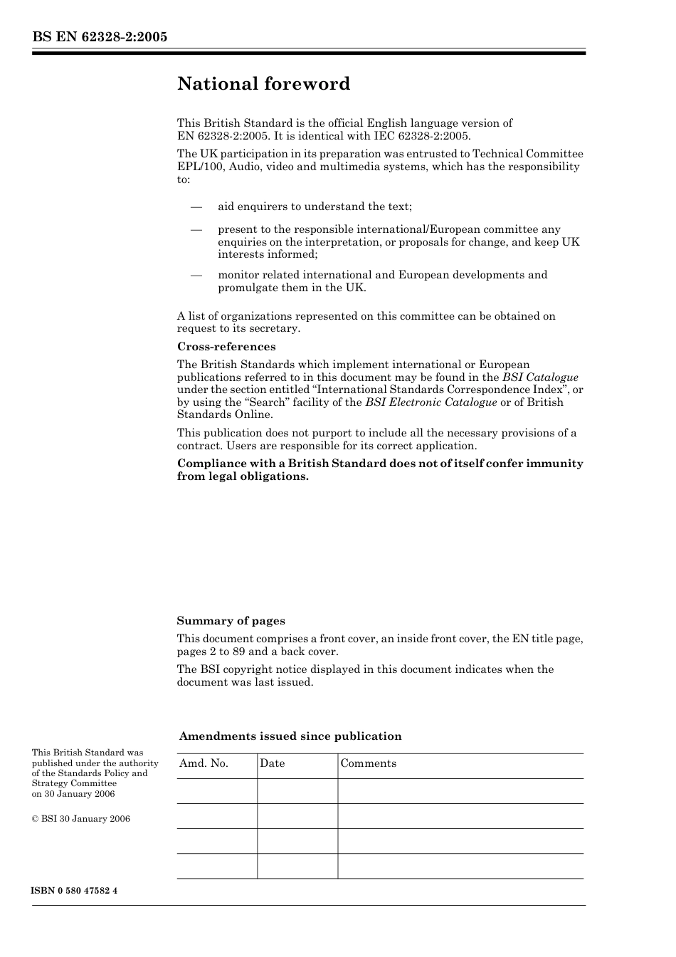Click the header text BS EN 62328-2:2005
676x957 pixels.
coord(100,37)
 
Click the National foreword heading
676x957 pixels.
coord(263,84)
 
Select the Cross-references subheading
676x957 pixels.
coord(226,347)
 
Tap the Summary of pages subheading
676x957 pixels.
coord(231,621)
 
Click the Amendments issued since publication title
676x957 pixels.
coord(290,736)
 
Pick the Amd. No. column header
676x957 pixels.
coord(204,763)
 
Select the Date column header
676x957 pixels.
coord(272,763)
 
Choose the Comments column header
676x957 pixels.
coord(368,763)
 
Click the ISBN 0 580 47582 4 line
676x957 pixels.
coord(75,891)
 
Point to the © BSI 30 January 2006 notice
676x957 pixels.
coord(81,819)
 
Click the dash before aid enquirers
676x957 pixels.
coord(196,206)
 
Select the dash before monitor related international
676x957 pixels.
coord(196,275)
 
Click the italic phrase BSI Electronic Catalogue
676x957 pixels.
coord(431,402)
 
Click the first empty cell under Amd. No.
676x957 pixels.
coord(216,791)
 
